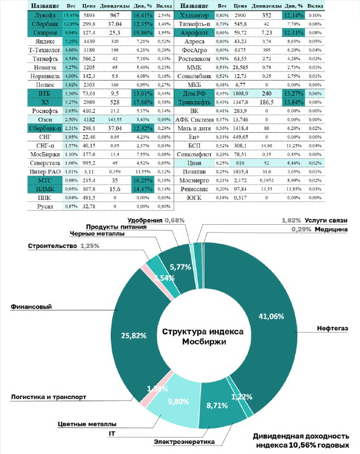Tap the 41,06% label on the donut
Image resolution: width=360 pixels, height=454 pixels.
(x=271, y=316)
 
